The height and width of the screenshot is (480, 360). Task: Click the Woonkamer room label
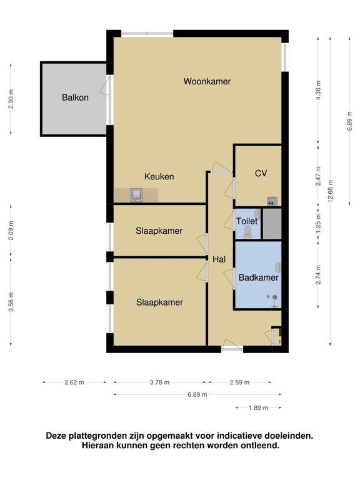pyautogui.click(x=207, y=81)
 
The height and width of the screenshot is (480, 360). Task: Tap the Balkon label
pyautogui.click(x=75, y=97)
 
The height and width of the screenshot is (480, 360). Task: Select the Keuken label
pyautogui.click(x=159, y=177)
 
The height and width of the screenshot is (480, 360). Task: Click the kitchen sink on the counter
pyautogui.click(x=136, y=195)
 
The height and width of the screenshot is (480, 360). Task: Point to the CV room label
pyautogui.click(x=261, y=174)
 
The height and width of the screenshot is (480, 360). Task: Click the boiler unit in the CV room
pyautogui.click(x=272, y=201)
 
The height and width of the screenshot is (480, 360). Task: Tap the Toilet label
pyautogui.click(x=247, y=221)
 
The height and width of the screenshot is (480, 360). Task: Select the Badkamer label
pyautogui.click(x=258, y=277)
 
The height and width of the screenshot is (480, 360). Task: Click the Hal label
pyautogui.click(x=219, y=259)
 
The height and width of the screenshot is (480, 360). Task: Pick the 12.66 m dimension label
pyautogui.click(x=330, y=191)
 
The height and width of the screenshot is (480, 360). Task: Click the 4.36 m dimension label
pyautogui.click(x=318, y=90)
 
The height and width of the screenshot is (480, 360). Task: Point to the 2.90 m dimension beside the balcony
pyautogui.click(x=11, y=99)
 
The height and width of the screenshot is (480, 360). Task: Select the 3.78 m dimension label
pyautogui.click(x=159, y=382)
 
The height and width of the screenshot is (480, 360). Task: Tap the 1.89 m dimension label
pyautogui.click(x=258, y=407)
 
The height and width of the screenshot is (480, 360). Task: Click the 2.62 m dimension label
pyautogui.click(x=74, y=382)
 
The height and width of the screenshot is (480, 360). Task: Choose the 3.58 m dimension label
pyautogui.click(x=11, y=302)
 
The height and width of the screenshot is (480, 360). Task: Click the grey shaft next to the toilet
pyautogui.click(x=272, y=224)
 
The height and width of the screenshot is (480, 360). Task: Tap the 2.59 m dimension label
pyautogui.click(x=239, y=382)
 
